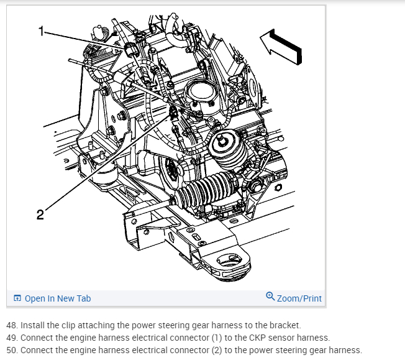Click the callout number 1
point(42,30)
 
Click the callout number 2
point(40,215)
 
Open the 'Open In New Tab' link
point(58,298)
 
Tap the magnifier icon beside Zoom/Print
point(270,297)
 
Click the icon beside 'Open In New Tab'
point(17,298)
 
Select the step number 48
point(12,325)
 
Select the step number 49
point(12,338)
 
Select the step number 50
point(12,350)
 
